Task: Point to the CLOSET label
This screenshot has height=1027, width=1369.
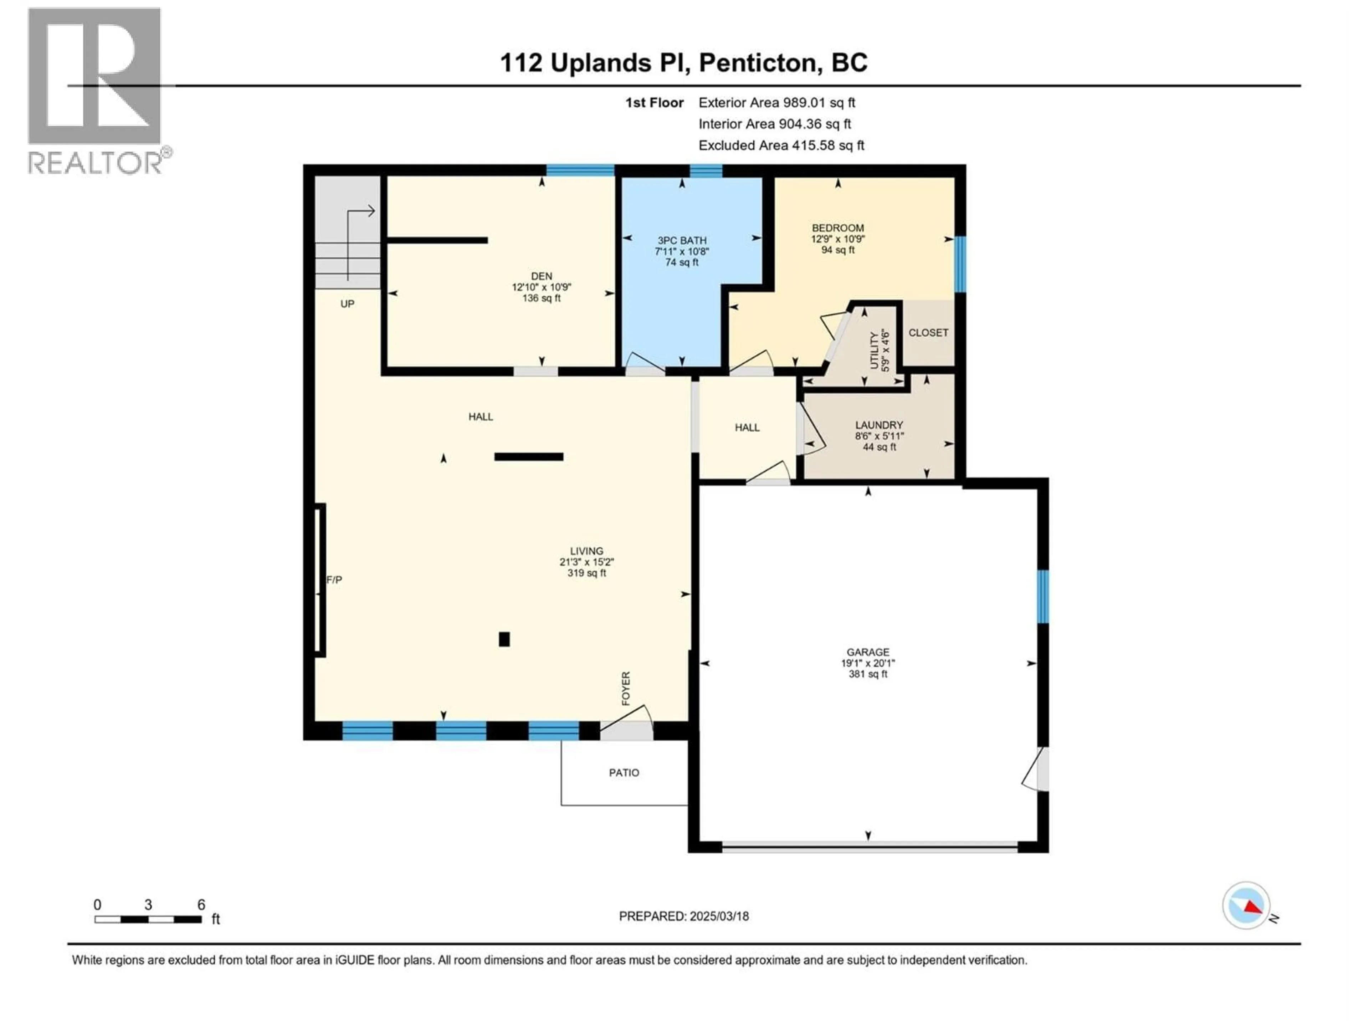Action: [928, 332]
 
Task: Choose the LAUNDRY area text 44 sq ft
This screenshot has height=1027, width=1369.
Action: [879, 447]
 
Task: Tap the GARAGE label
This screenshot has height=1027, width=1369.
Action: [868, 652]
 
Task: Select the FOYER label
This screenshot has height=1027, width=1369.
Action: [626, 688]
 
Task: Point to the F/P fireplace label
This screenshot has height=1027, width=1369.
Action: [334, 579]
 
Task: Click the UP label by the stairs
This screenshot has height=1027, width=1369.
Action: [347, 304]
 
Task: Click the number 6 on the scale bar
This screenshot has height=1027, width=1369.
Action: [201, 904]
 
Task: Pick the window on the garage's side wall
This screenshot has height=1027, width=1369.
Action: [1043, 596]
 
